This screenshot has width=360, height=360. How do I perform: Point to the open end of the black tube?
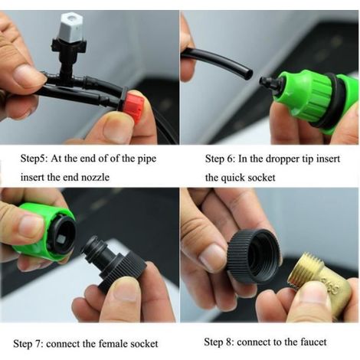[248, 74]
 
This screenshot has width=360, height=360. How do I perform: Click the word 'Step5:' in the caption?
[34, 159]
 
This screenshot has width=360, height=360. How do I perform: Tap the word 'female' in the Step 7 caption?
[113, 344]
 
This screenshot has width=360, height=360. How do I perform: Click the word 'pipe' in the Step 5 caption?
[146, 159]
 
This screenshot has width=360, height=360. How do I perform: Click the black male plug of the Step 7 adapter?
[95, 251]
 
